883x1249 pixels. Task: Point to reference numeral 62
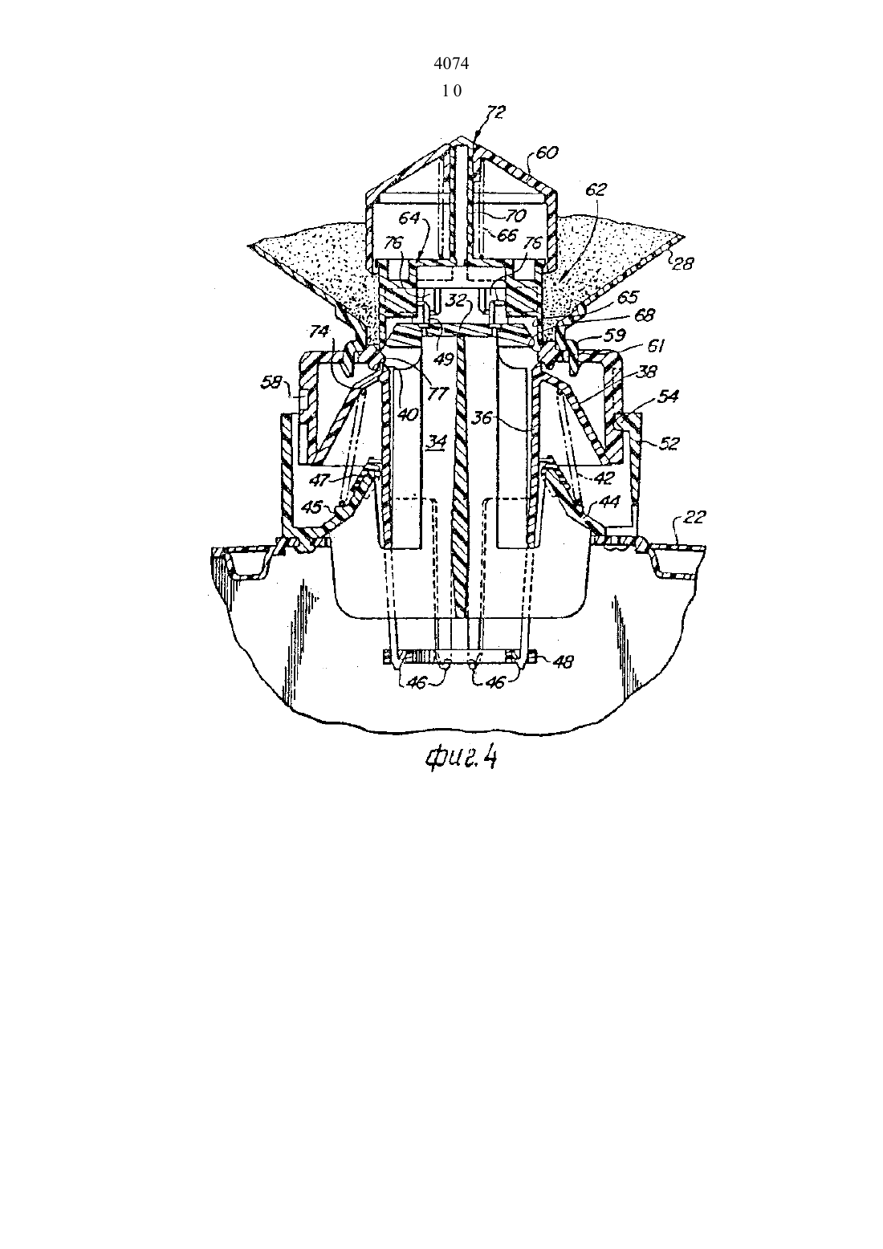pos(596,189)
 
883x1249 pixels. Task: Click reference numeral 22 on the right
pos(694,517)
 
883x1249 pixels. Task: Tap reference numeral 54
pos(669,397)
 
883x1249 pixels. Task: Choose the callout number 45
pos(313,507)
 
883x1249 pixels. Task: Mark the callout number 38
pos(647,372)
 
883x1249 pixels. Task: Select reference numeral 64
pos(409,217)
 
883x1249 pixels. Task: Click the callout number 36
pos(482,417)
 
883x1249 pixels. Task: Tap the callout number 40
pos(408,416)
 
